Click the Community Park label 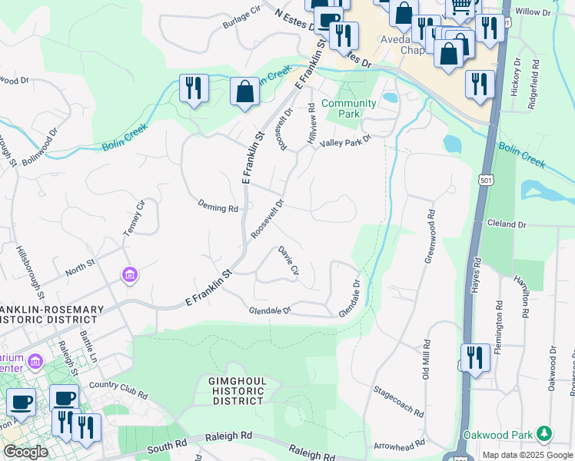click(348, 108)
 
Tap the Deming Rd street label click(218, 207)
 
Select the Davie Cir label click(288, 260)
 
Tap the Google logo click(25, 452)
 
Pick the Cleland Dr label click(507, 224)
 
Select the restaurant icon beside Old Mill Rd click(474, 358)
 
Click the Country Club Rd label click(118, 389)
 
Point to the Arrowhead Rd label click(399, 444)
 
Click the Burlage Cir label click(242, 19)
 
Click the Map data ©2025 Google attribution click(528, 455)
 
